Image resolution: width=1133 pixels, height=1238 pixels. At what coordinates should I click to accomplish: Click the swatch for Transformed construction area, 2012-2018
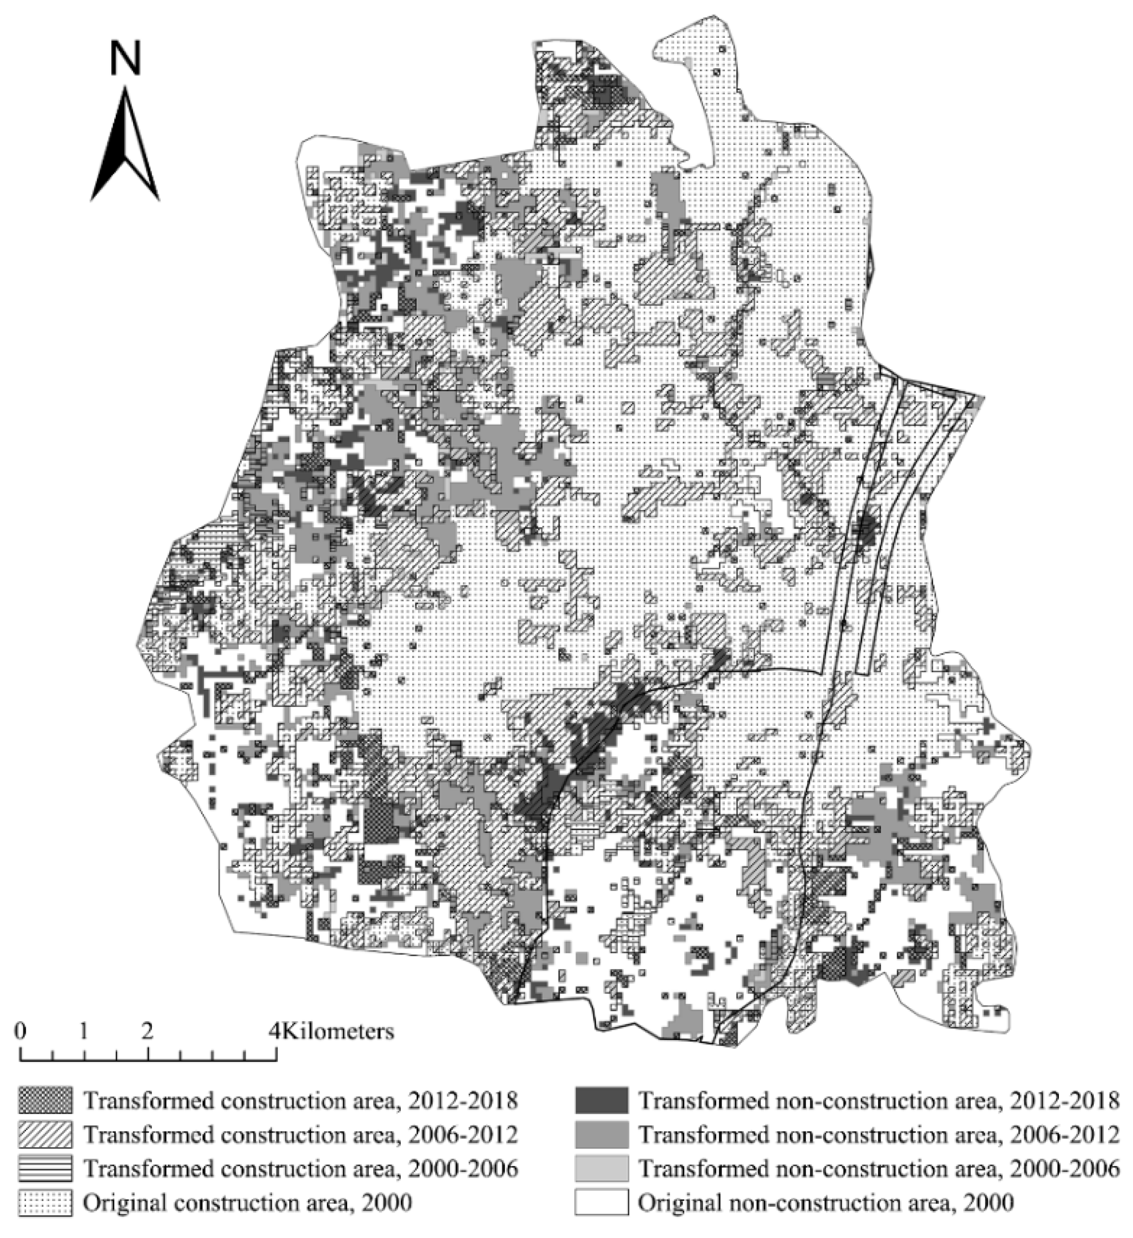[x=45, y=1101]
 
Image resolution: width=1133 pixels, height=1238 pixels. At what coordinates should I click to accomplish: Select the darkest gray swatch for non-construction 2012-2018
[x=602, y=1101]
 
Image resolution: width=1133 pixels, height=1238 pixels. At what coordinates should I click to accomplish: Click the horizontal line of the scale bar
[x=148, y=1060]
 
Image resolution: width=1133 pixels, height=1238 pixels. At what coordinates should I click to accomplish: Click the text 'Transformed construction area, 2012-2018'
[x=300, y=1101]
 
